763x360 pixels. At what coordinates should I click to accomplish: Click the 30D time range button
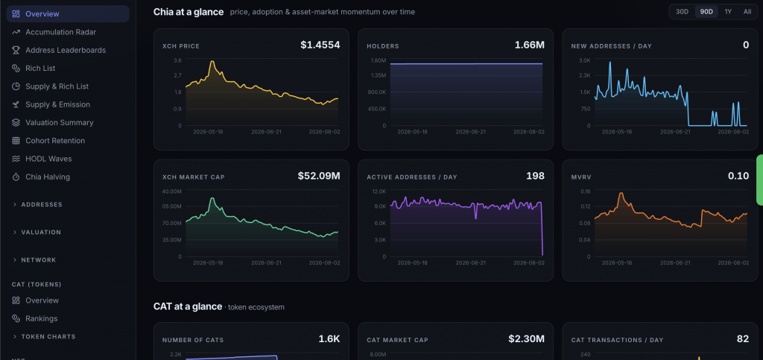click(683, 12)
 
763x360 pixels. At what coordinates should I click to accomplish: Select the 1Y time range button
click(728, 12)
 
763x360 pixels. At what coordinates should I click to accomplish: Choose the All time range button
click(747, 12)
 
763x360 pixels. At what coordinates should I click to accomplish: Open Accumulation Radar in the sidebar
click(61, 32)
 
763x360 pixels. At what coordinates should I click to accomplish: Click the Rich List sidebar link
click(40, 68)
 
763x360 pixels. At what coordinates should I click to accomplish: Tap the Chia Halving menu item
click(48, 177)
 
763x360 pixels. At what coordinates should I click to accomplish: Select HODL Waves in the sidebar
click(48, 159)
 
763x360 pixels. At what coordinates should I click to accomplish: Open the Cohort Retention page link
click(55, 141)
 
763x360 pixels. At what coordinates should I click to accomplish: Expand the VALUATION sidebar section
click(41, 232)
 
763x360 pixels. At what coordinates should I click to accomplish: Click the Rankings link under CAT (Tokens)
click(42, 319)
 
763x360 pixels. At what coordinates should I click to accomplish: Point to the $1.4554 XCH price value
click(320, 45)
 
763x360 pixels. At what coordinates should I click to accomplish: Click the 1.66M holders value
click(530, 45)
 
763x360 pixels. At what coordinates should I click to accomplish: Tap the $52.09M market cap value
click(319, 176)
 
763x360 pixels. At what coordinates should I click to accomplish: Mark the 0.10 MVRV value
click(738, 176)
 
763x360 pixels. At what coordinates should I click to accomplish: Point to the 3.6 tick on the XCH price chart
click(177, 60)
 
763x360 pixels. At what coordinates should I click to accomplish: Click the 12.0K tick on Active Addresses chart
click(379, 192)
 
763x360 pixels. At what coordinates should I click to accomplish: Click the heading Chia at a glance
click(189, 12)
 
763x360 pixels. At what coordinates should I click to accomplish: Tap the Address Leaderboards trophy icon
click(16, 50)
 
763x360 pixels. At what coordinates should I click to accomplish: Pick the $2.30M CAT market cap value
click(527, 338)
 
